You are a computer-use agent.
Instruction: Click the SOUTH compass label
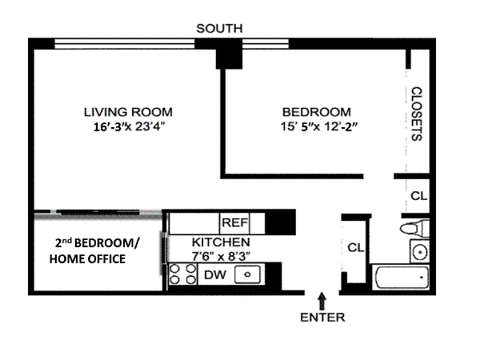pyautogui.click(x=219, y=29)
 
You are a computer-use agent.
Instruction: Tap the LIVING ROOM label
pyautogui.click(x=128, y=112)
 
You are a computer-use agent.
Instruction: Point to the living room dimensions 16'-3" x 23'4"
pyautogui.click(x=129, y=126)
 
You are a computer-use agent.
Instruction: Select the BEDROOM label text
pyautogui.click(x=317, y=112)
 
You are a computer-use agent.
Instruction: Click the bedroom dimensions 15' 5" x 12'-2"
pyautogui.click(x=319, y=126)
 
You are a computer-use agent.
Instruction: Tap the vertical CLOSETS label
pyautogui.click(x=416, y=114)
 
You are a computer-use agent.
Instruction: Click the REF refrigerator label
pyautogui.click(x=234, y=222)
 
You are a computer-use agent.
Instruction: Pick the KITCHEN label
pyautogui.click(x=221, y=242)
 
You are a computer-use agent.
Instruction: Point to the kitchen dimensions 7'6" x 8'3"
pyautogui.click(x=221, y=256)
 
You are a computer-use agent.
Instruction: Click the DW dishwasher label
pyautogui.click(x=215, y=275)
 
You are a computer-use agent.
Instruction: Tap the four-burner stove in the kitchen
pyautogui.click(x=183, y=274)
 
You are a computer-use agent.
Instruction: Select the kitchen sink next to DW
pyautogui.click(x=247, y=274)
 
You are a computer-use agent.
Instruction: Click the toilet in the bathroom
pyautogui.click(x=414, y=228)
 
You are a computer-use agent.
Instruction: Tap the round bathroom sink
pyautogui.click(x=419, y=252)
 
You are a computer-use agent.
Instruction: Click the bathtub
pyautogui.click(x=402, y=278)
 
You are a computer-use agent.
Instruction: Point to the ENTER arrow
pyautogui.click(x=322, y=302)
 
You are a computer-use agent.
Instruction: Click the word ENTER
pyautogui.click(x=322, y=318)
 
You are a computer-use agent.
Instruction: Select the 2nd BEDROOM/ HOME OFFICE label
pyautogui.click(x=94, y=251)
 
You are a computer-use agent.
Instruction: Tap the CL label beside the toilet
pyautogui.click(x=418, y=196)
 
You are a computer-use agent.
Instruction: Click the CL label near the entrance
pyautogui.click(x=356, y=247)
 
